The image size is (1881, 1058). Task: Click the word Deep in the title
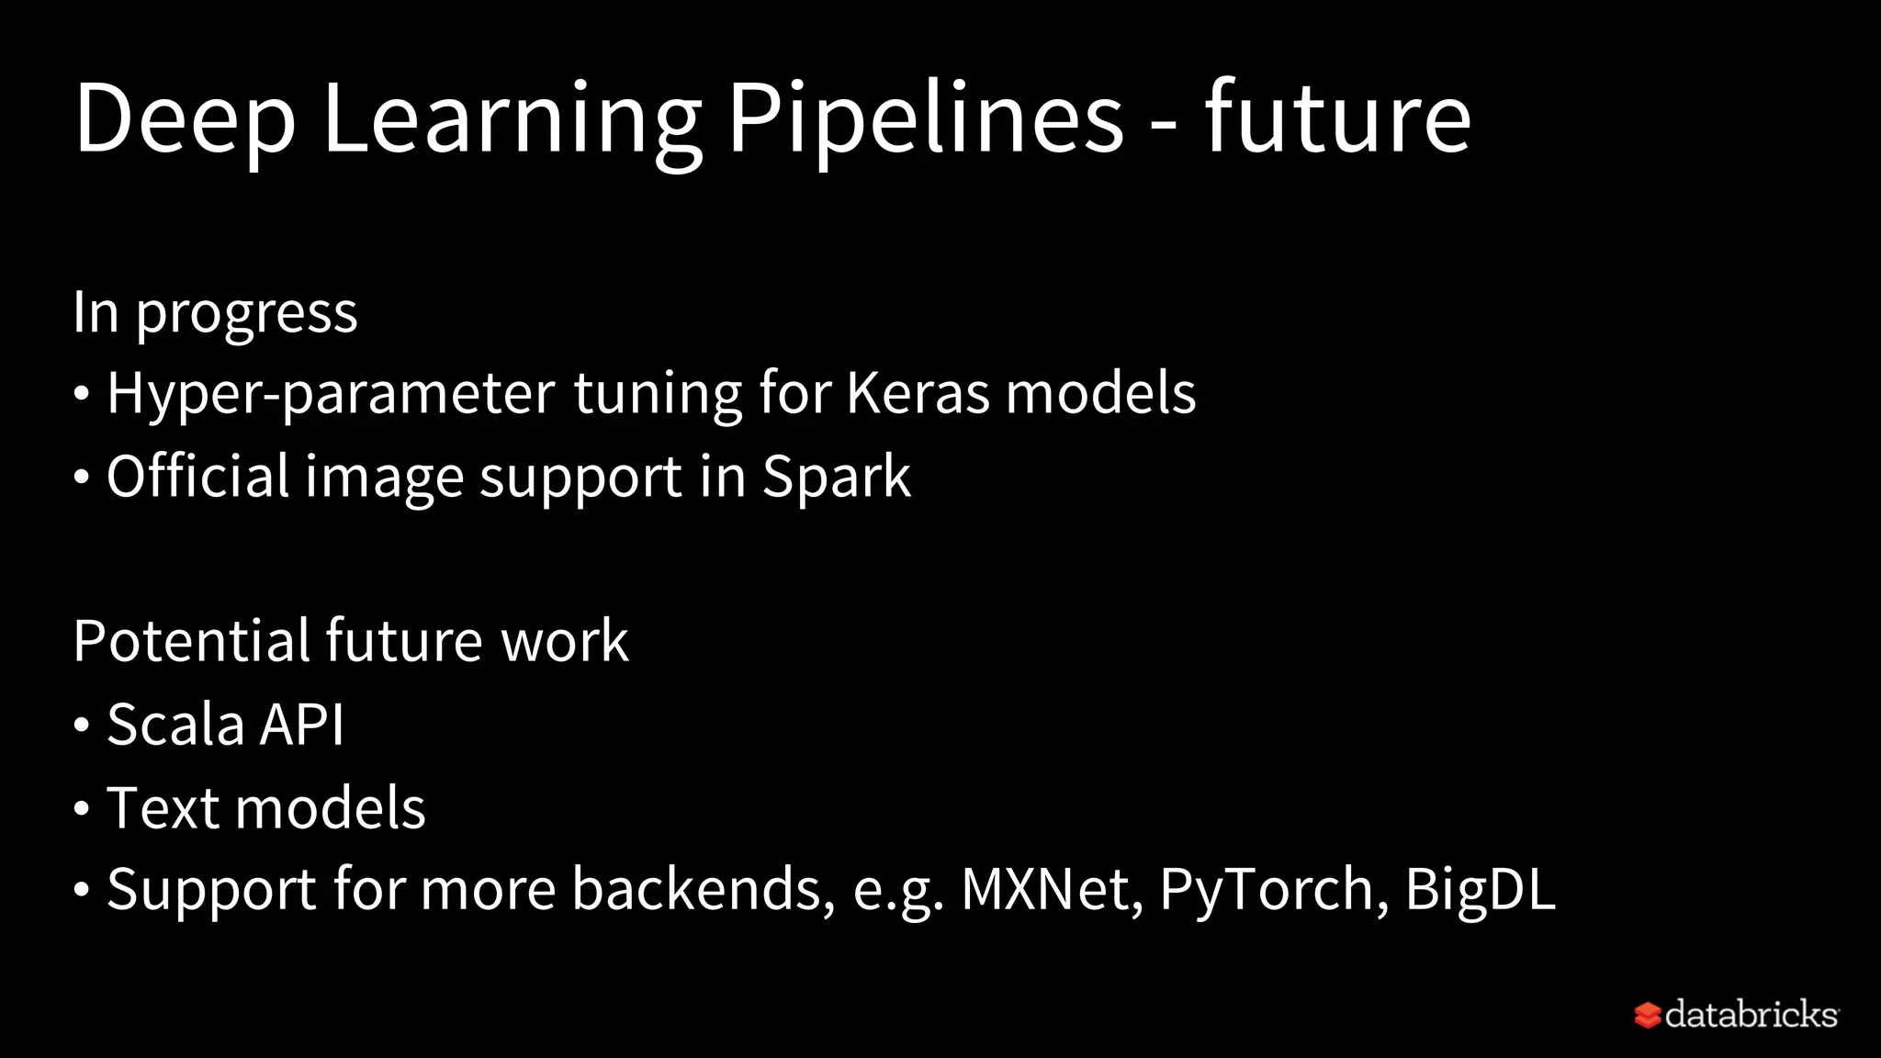coord(185,119)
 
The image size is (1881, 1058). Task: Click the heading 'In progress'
coord(215,313)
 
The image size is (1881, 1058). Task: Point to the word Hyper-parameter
coord(331,394)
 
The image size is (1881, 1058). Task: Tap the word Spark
coord(836,477)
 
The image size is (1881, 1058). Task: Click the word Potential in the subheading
coord(191,640)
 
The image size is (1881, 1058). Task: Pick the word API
coord(301,725)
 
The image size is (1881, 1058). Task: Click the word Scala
coord(175,725)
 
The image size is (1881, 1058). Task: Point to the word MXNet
coord(1045,889)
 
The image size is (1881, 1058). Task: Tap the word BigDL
coord(1480,889)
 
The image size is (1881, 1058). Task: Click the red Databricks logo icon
coord(1647,1015)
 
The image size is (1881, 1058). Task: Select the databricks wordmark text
coord(1751,1014)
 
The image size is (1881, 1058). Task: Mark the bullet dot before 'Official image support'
coord(82,478)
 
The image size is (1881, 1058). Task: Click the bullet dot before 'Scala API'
coord(82,726)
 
